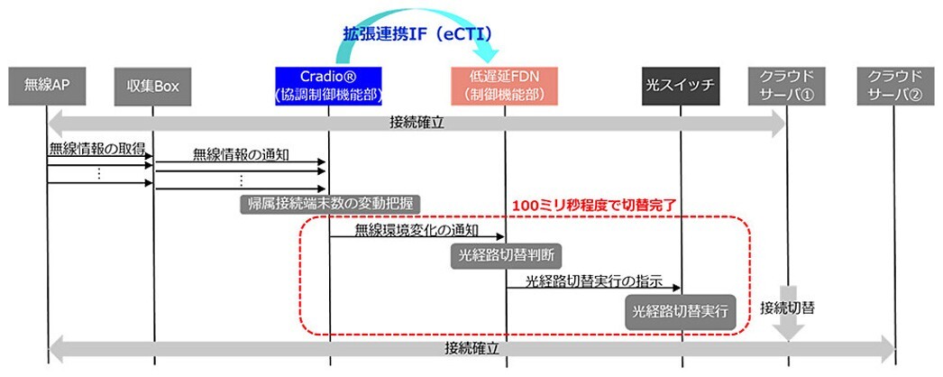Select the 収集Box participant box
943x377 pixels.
(x=152, y=87)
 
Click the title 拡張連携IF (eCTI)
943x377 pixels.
(x=417, y=33)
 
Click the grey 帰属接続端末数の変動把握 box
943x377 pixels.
(x=333, y=202)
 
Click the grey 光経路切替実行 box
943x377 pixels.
(x=679, y=311)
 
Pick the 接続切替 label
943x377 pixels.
(x=787, y=307)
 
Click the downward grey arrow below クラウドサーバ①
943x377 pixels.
(x=788, y=328)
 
